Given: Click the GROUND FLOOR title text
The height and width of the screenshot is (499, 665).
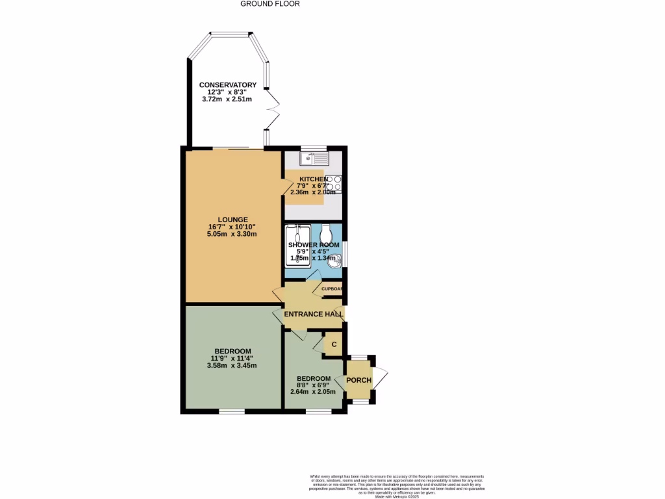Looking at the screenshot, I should point(270,4).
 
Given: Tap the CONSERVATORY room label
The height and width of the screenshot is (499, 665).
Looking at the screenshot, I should point(227,85).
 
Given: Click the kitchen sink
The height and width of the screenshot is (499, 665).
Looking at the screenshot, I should point(315,158).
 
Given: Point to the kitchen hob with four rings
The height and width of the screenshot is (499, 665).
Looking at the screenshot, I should point(334,184).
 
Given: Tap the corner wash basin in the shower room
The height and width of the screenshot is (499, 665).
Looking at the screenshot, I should point(334,261).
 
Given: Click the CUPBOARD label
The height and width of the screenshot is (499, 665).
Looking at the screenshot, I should point(331,289).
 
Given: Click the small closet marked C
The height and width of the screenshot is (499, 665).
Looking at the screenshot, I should point(334,344).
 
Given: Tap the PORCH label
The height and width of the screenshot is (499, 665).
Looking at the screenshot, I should point(358,380).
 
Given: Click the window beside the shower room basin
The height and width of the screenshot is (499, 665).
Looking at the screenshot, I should point(345,254).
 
